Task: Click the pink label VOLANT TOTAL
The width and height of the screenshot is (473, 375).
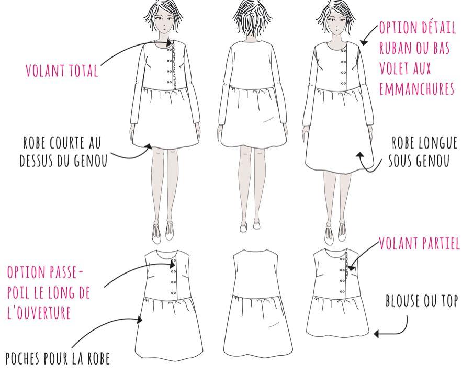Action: tap(62, 71)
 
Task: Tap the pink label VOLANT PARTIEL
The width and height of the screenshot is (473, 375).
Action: tap(420, 244)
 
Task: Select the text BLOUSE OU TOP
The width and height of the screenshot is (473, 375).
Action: tap(421, 302)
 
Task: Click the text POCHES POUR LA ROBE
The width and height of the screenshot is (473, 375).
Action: tap(58, 359)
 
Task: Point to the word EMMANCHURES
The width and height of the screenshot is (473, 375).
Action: tap(416, 89)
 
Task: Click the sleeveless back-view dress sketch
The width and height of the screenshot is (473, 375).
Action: tap(255, 303)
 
